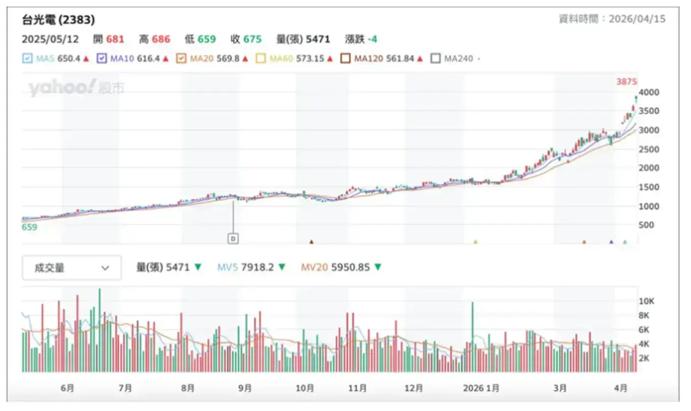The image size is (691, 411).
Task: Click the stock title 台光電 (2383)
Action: tap(58, 20)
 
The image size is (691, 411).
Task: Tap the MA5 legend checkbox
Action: tap(27, 58)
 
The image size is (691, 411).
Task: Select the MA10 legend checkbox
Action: tap(102, 58)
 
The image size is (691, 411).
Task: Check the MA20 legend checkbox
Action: tap(181, 58)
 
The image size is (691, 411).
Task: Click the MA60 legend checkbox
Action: tap(261, 58)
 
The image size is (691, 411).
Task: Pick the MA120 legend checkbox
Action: tap(345, 58)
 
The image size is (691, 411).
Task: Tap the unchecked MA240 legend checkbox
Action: tap(435, 58)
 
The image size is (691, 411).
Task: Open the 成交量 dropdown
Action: tap(72, 268)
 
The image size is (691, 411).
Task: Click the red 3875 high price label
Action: tap(626, 82)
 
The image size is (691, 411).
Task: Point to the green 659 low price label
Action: tap(29, 227)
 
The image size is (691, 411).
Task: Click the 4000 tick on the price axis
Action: tap(650, 92)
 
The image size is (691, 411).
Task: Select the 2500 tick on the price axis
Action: tap(650, 149)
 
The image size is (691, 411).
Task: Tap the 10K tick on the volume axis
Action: tap(646, 301)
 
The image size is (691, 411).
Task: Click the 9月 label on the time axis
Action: tap(245, 388)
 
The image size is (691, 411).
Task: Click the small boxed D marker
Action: tap(233, 237)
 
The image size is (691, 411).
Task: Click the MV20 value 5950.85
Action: tap(350, 267)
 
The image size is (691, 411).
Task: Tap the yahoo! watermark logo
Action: tap(61, 88)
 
